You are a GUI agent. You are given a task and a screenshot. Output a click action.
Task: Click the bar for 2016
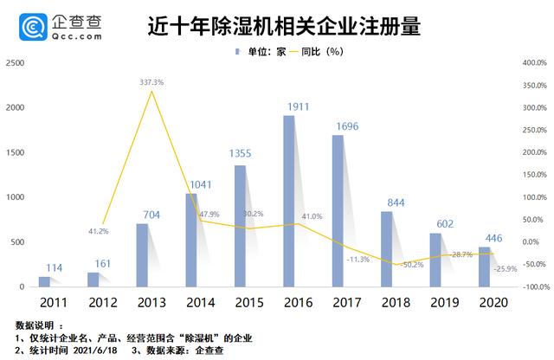(x=288, y=201)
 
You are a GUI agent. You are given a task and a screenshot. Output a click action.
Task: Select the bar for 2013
(x=141, y=255)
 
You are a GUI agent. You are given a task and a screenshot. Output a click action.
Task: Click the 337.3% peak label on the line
(x=151, y=82)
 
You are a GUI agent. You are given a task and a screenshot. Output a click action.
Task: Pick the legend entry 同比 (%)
(x=315, y=52)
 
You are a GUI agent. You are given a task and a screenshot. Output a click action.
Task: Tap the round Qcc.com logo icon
(x=20, y=27)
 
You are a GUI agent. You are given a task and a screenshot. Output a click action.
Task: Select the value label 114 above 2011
(x=54, y=267)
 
